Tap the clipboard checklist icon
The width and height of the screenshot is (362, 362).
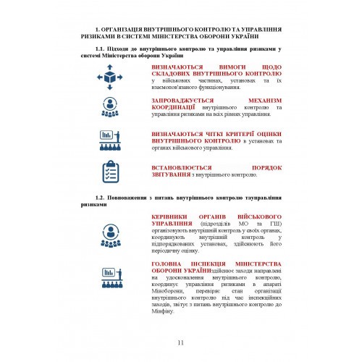coord(112,172)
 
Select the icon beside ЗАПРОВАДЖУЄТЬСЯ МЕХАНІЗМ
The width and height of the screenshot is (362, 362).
coord(112,106)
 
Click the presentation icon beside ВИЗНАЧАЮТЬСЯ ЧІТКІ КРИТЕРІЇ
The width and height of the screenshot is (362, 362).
coord(112,140)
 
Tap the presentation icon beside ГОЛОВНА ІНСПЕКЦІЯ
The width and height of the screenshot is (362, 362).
coord(112,277)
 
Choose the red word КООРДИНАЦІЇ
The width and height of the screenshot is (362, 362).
coord(174,106)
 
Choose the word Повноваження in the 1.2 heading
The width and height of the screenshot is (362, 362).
coord(133,197)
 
